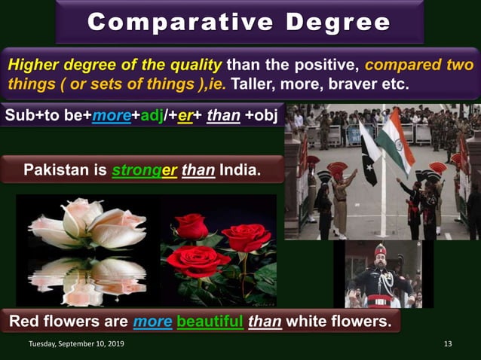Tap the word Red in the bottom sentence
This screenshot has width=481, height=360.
pos(25,322)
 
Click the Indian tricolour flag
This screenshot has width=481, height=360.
pos(396,139)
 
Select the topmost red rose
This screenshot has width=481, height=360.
pos(193,225)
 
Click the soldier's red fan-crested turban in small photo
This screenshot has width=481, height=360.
pos(380,249)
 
